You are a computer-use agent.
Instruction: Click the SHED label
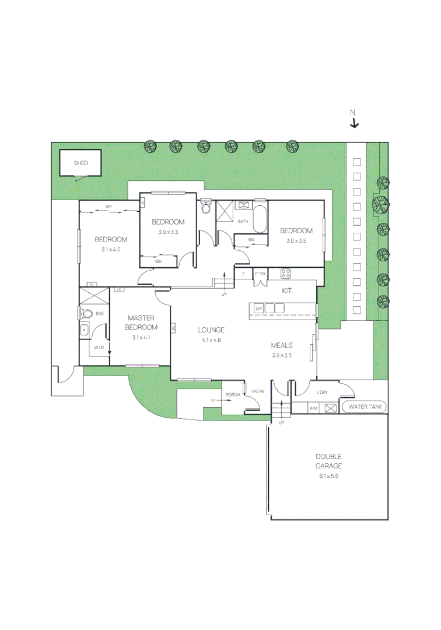tap(80, 163)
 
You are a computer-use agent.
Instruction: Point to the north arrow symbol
tap(353, 123)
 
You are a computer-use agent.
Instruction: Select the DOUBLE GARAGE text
tap(328, 461)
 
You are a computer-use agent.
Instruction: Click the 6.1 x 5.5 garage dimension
tap(328, 477)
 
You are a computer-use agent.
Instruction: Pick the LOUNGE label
tap(211, 330)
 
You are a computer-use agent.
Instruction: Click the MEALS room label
tap(282, 345)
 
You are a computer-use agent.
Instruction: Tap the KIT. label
tap(287, 290)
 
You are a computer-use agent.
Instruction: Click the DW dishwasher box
tap(257, 308)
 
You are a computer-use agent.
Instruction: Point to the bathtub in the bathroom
tap(260, 221)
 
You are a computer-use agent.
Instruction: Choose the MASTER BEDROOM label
tap(141, 323)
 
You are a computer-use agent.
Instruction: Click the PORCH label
tap(233, 395)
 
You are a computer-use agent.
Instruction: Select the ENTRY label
tap(258, 391)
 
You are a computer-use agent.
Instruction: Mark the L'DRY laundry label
tap(322, 392)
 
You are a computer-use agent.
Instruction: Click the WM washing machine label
tap(313, 408)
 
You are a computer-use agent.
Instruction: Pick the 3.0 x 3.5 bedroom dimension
tap(296, 240)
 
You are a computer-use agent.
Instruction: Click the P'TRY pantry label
tap(260, 273)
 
